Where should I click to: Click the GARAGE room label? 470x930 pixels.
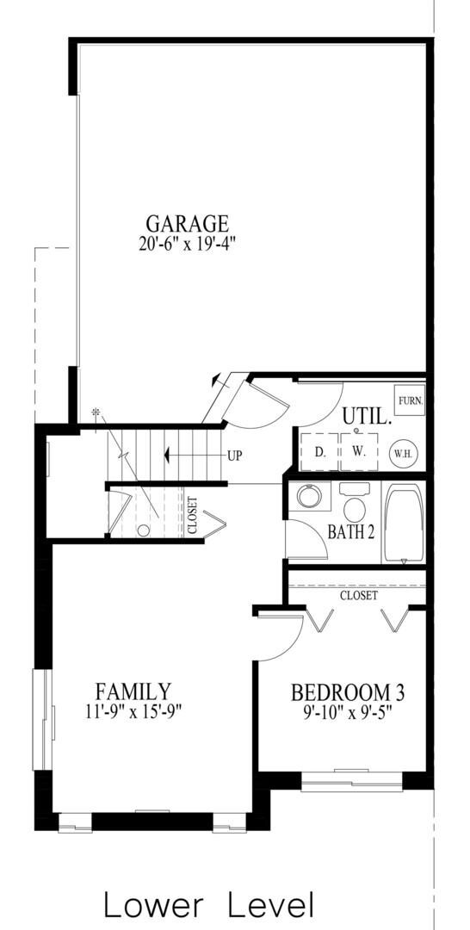(187, 224)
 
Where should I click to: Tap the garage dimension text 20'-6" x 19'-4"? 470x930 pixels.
(188, 245)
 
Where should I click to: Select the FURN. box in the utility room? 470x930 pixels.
(410, 400)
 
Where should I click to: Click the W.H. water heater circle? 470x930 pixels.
(405, 454)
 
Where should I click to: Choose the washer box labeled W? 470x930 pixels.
(359, 451)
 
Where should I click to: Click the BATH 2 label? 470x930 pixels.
(351, 533)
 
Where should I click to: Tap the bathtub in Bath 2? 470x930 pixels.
(405, 524)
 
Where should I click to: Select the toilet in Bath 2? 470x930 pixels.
(355, 502)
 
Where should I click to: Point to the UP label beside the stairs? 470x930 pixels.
(236, 456)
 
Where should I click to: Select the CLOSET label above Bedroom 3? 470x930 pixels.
(359, 595)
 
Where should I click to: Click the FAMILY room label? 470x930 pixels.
(133, 691)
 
